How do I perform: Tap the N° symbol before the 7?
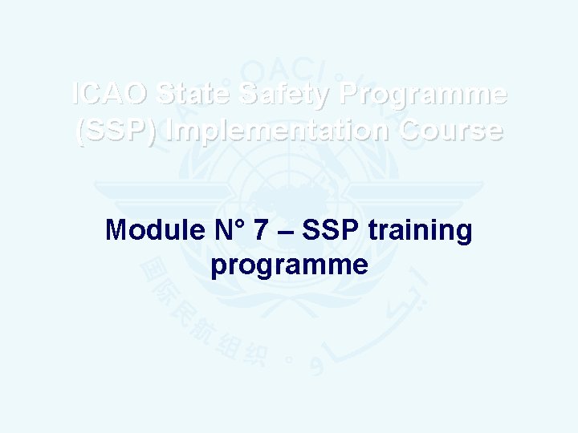(228, 231)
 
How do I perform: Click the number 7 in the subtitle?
(260, 231)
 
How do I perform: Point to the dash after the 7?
(283, 231)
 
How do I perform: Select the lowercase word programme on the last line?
(289, 265)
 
